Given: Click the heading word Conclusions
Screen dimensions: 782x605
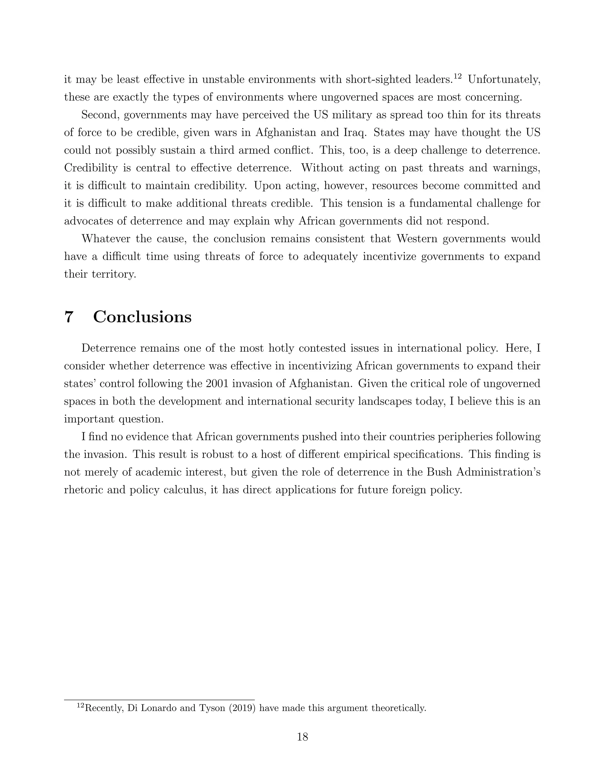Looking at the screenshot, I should point(142,317).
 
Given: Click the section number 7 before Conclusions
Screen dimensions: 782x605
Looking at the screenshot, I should point(69,317).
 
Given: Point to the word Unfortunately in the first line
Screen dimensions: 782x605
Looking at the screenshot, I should point(504,79).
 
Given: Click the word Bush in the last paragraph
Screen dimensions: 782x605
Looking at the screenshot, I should point(439,472).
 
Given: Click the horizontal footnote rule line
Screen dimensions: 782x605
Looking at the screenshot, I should point(159,699).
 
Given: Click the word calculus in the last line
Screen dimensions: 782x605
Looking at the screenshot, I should point(184,490).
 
